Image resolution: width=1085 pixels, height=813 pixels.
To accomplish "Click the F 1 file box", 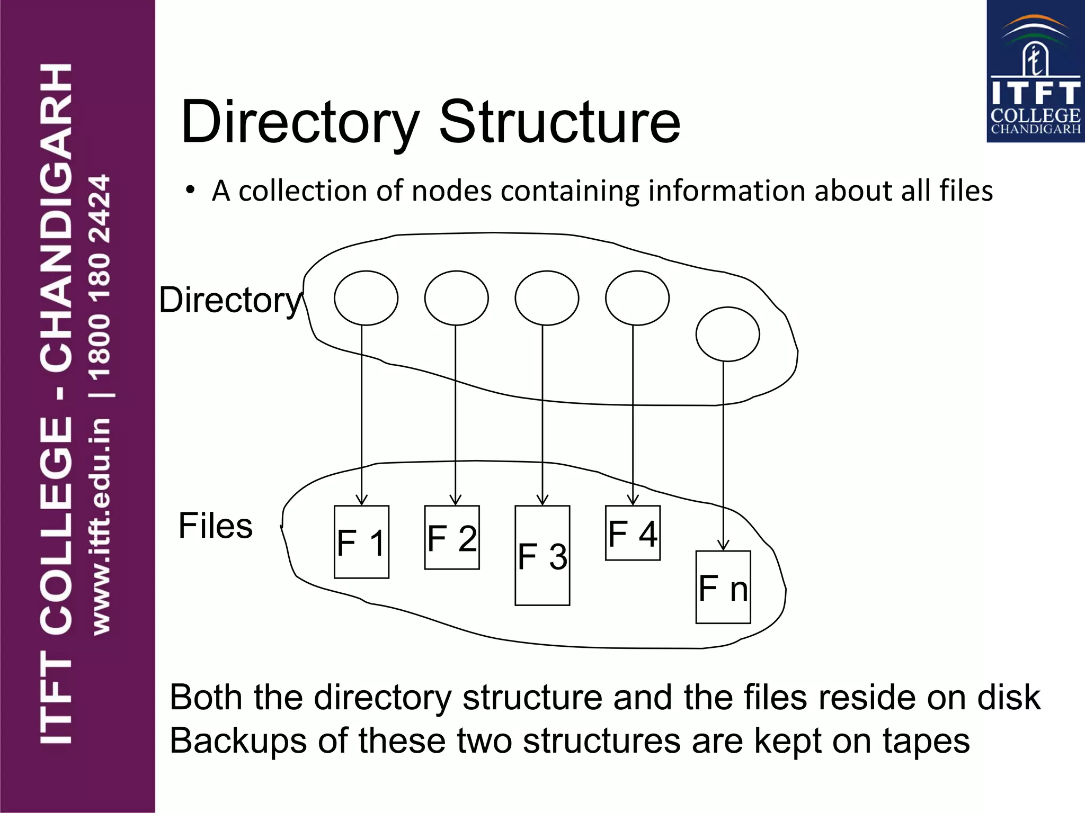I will click(x=361, y=541).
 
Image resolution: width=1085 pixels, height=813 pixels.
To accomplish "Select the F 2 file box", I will click(x=452, y=537).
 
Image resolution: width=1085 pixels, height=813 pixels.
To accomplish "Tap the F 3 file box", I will click(x=542, y=555).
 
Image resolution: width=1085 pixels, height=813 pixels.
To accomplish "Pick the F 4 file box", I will click(x=633, y=532).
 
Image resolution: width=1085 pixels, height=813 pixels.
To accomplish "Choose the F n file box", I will click(x=723, y=587).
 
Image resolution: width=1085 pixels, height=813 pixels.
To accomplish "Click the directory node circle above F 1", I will click(x=366, y=298).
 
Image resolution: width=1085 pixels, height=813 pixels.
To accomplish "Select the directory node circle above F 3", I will click(x=547, y=298).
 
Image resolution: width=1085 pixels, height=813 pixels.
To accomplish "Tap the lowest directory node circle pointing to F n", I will click(x=727, y=334).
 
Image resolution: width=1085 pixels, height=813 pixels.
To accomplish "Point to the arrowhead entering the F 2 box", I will click(x=455, y=500).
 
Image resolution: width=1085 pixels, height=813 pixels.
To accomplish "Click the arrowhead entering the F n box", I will click(x=723, y=545).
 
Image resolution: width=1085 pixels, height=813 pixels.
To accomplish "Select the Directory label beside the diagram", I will click(x=230, y=300).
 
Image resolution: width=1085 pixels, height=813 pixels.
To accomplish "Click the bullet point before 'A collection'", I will click(x=190, y=190).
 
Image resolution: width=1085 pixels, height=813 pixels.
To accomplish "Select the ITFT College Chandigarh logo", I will click(x=1035, y=71).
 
